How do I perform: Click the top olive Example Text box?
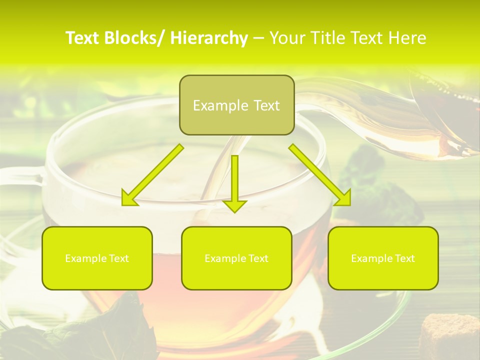click(236, 105)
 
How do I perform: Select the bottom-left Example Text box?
click(97, 258)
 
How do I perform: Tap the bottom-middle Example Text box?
click(236, 258)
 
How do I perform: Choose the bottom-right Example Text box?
click(383, 258)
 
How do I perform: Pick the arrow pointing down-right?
click(320, 175)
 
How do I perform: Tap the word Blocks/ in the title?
click(136, 38)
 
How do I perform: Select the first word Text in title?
click(83, 38)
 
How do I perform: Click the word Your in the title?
click(287, 38)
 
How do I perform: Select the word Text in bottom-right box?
click(404, 258)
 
